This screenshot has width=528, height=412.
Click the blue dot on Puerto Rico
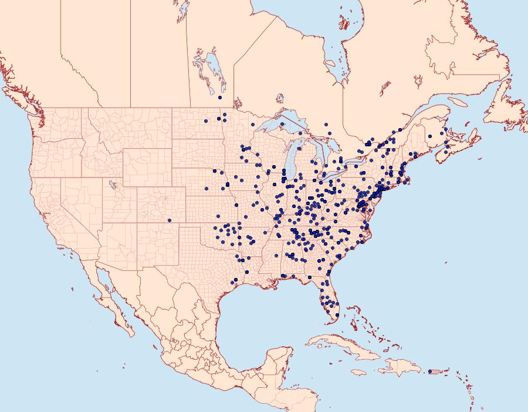[x=431, y=371]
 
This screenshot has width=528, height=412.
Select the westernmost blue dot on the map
[x=170, y=220]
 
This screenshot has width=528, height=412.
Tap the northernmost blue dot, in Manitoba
[x=219, y=98]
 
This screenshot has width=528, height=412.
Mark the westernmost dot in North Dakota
[x=206, y=121]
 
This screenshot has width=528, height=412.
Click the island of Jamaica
[x=358, y=372]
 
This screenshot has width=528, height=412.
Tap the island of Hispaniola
[x=399, y=367]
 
